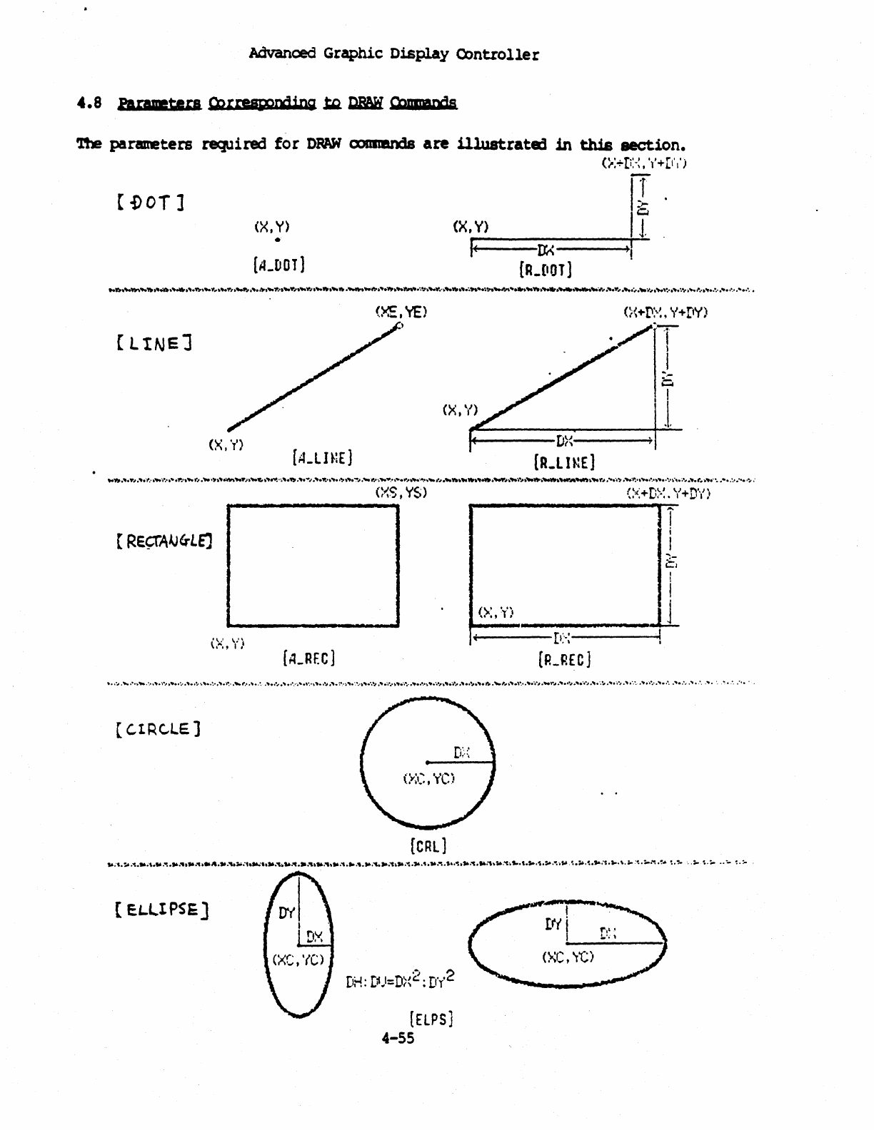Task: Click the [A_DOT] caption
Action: pyautogui.click(x=278, y=265)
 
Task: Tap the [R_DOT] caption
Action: pyautogui.click(x=545, y=269)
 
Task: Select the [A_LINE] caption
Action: pyautogui.click(x=322, y=457)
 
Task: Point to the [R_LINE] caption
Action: pyautogui.click(x=564, y=462)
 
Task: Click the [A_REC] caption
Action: pyautogui.click(x=309, y=657)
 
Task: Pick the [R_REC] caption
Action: pyautogui.click(x=564, y=660)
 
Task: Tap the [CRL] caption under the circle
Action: pyautogui.click(x=428, y=846)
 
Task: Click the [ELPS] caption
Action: pyautogui.click(x=431, y=1019)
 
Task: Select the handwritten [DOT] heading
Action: pyautogui.click(x=150, y=203)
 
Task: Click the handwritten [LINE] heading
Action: pyautogui.click(x=154, y=344)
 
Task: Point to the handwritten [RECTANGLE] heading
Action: pyautogui.click(x=164, y=540)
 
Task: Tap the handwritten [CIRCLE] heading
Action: pyautogui.click(x=158, y=729)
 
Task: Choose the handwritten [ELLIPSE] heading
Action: pyautogui.click(x=161, y=910)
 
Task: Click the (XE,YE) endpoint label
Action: pyautogui.click(x=401, y=312)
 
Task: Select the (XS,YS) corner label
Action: pyautogui.click(x=401, y=493)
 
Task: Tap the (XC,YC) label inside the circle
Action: pyautogui.click(x=428, y=779)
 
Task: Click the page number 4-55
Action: pyautogui.click(x=398, y=1038)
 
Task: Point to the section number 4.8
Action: pyautogui.click(x=89, y=103)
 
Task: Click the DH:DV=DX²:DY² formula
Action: pyautogui.click(x=400, y=980)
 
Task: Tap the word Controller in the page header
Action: pyautogui.click(x=498, y=54)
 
